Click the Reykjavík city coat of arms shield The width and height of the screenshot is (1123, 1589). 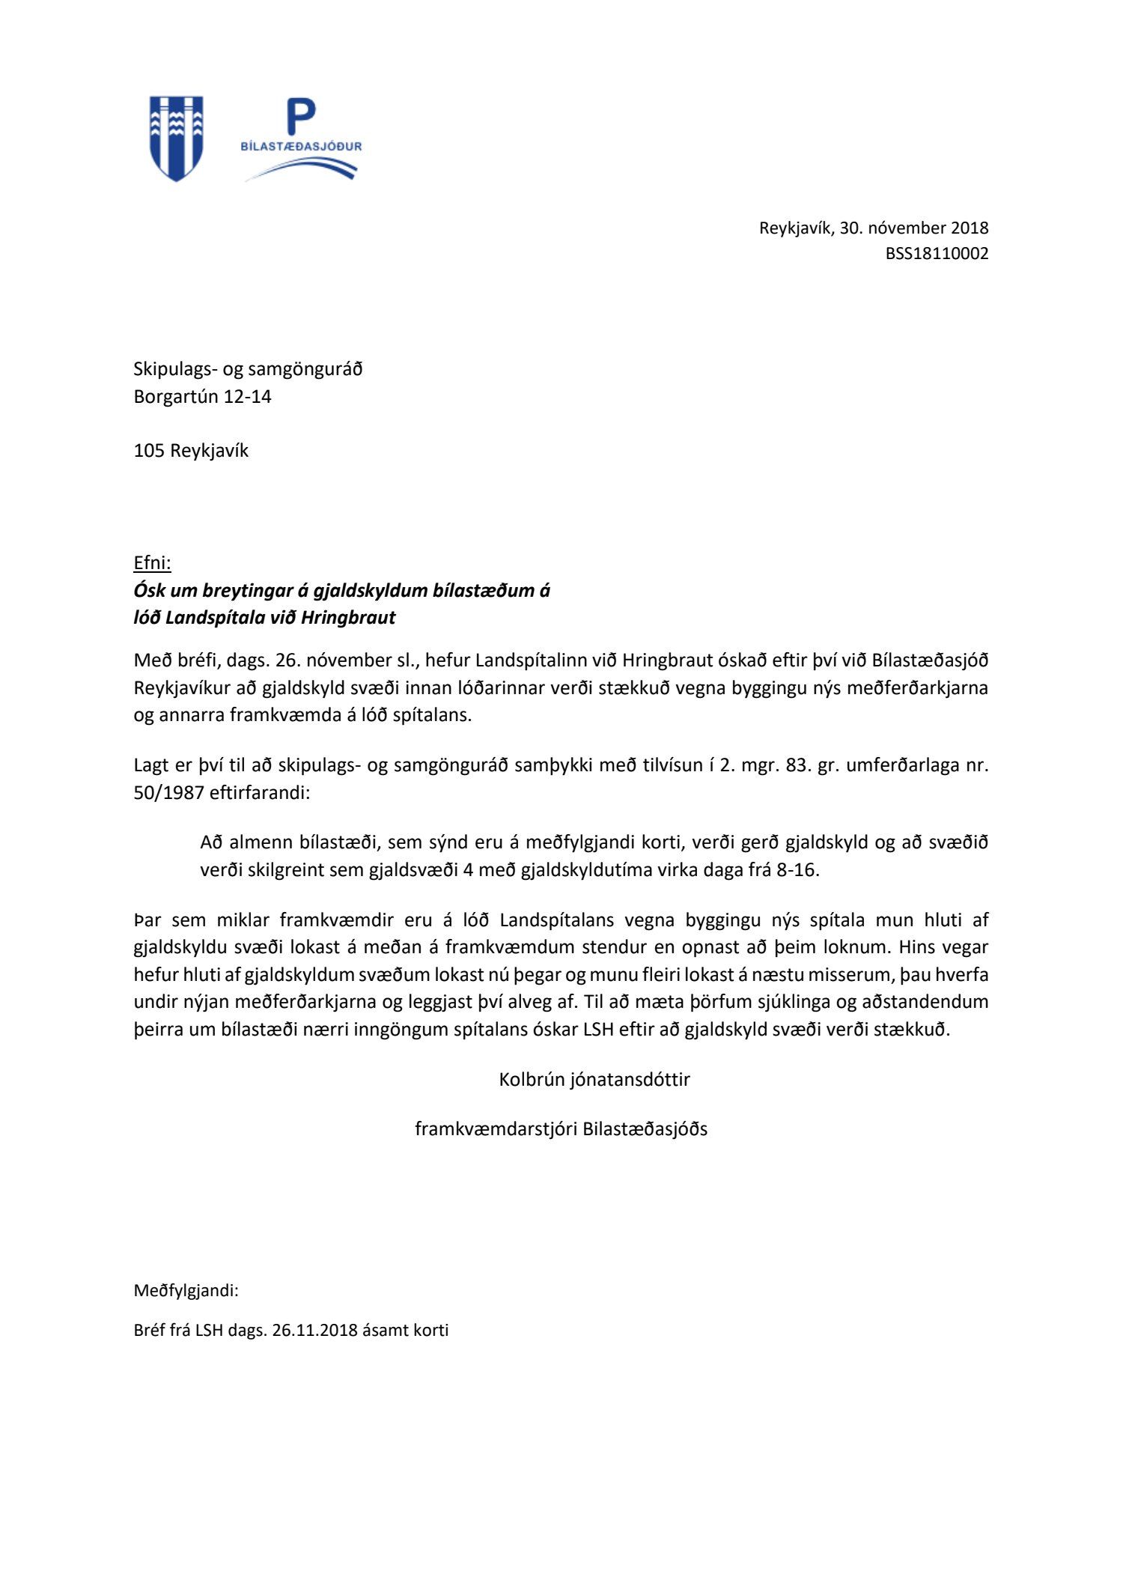click(x=177, y=138)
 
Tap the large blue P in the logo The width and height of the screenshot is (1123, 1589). click(x=302, y=118)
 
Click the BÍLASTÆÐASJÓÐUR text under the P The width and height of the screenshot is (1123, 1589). click(x=301, y=146)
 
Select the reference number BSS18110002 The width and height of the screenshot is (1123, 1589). click(x=937, y=254)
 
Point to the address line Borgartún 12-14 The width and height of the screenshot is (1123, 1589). click(x=202, y=397)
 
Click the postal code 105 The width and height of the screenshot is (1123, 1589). click(x=149, y=451)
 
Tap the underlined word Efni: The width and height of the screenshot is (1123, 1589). click(x=152, y=562)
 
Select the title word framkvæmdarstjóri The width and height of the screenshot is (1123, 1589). click(x=496, y=1129)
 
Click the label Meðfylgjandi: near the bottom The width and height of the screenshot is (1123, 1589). click(x=186, y=1291)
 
